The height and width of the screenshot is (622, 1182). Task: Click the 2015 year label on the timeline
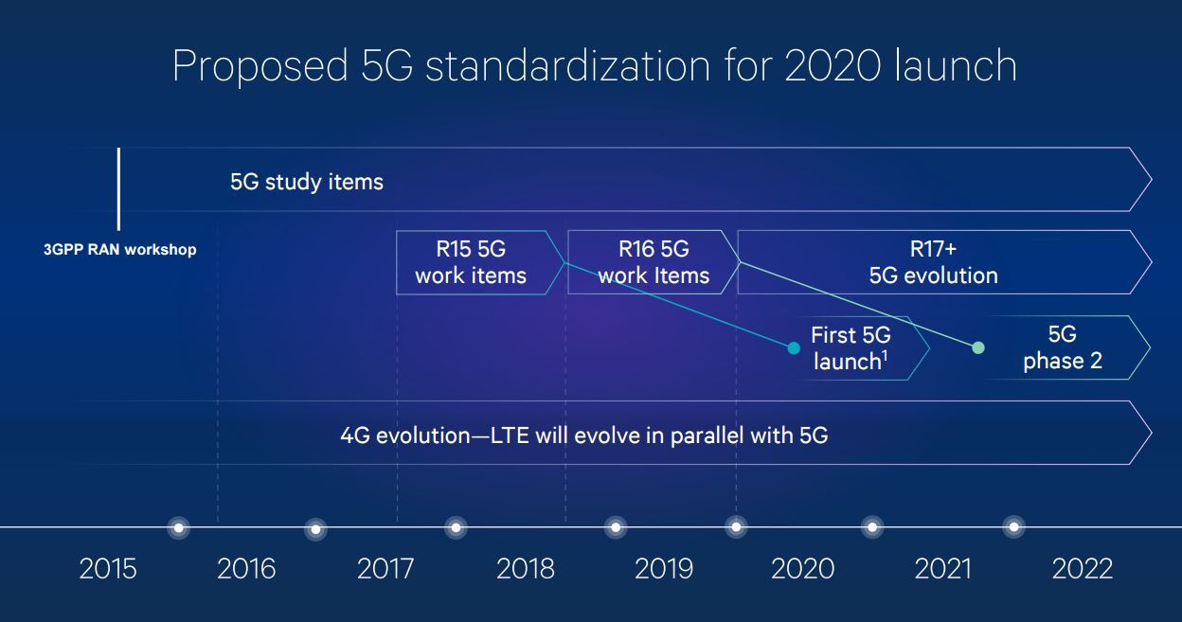click(108, 569)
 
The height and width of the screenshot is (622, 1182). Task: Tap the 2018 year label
click(526, 569)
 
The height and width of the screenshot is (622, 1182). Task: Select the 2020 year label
click(803, 569)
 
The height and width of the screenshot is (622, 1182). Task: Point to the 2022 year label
click(1083, 569)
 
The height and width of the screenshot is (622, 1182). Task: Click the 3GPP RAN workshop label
click(120, 251)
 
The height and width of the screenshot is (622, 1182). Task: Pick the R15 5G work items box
click(471, 263)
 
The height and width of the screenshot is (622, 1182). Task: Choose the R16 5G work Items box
click(654, 263)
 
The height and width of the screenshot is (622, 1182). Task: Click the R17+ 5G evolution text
click(933, 263)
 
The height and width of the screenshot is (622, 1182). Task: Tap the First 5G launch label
click(851, 348)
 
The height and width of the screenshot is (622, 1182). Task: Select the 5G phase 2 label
click(1063, 347)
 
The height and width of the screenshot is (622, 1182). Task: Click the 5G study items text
click(307, 181)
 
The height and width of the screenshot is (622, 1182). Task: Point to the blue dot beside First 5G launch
click(794, 348)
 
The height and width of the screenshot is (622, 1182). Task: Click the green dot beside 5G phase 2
click(978, 347)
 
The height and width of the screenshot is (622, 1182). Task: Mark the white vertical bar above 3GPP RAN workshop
click(118, 188)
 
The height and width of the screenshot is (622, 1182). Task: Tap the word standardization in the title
click(567, 67)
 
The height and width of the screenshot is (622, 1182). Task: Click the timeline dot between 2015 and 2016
click(178, 526)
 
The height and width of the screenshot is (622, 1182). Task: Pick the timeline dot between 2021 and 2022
click(1014, 526)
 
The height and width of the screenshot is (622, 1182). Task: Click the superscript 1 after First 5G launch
click(885, 356)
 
